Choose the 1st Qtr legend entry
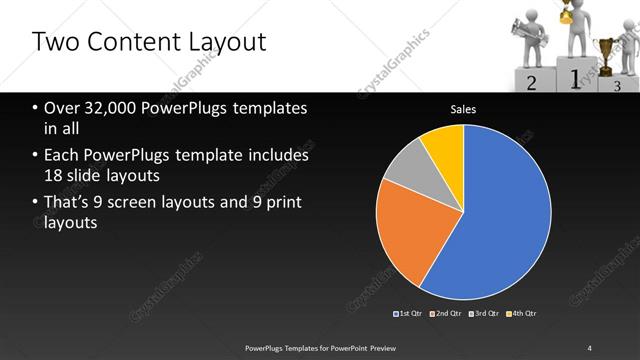(x=407, y=314)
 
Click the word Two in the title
(x=56, y=42)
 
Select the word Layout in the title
(x=225, y=43)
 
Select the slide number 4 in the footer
(x=590, y=347)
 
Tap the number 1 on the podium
(x=574, y=78)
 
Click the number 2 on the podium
(x=532, y=84)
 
